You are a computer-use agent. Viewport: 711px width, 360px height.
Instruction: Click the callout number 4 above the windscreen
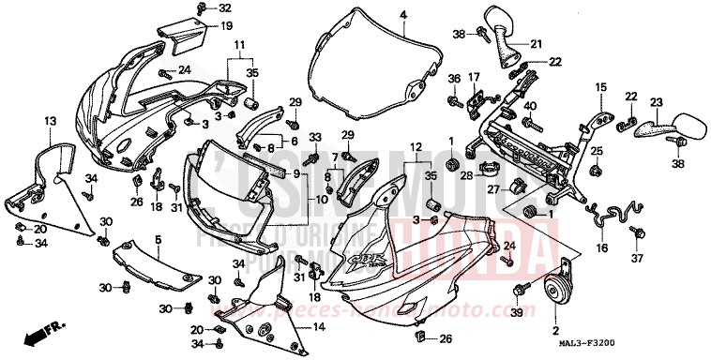402,15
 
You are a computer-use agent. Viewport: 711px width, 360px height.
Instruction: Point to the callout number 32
224,8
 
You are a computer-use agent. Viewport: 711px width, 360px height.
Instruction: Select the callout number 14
318,326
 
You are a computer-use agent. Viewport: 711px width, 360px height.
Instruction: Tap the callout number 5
158,240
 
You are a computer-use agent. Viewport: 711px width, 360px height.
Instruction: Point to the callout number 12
415,146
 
